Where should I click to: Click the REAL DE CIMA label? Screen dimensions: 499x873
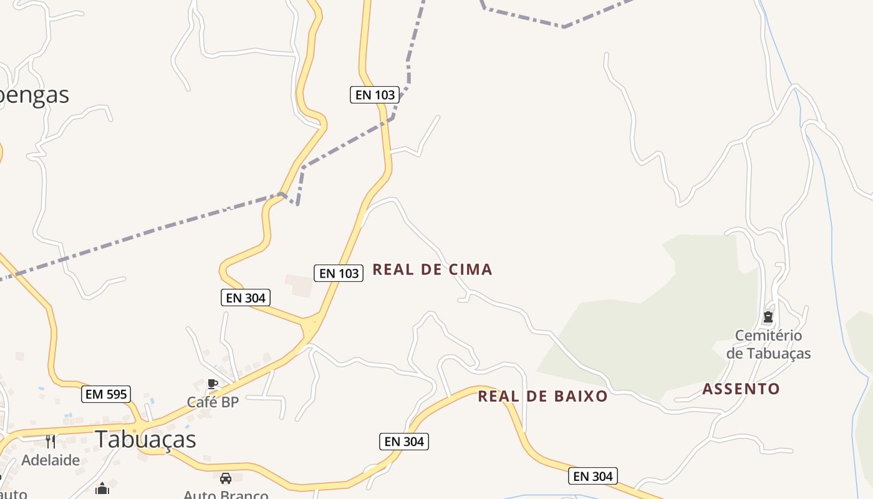point(432,269)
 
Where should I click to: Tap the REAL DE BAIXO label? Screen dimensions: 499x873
point(543,396)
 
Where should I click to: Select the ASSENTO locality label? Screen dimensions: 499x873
point(741,389)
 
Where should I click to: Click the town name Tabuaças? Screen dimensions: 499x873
point(145,439)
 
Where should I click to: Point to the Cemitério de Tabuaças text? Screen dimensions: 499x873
point(768,344)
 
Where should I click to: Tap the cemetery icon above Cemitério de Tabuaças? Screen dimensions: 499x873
point(768,317)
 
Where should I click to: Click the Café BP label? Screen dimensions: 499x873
point(213,402)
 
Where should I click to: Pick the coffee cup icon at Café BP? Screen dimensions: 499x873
point(212,383)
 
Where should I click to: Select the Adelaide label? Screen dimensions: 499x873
point(51,460)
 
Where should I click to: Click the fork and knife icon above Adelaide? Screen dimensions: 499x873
point(51,442)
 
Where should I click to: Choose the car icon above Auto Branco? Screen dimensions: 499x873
point(226,478)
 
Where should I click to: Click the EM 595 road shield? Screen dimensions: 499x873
point(106,394)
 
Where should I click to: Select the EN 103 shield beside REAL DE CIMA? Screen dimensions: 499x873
point(339,273)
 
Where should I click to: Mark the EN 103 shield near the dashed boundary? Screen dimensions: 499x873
point(374,95)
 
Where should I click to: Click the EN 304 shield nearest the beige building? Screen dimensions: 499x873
point(246,298)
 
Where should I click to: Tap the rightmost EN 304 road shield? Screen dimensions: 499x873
point(593,477)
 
